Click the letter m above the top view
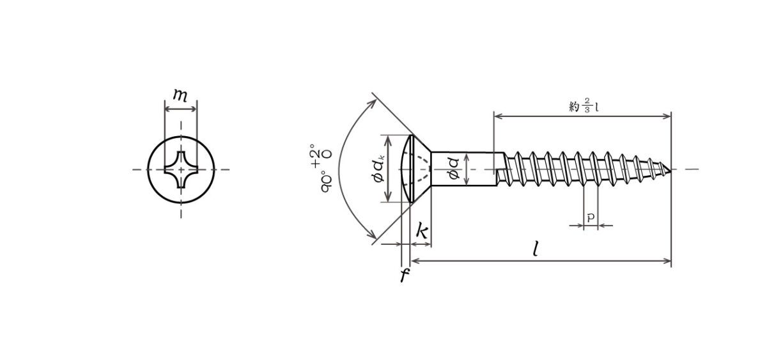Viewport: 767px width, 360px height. pyautogui.click(x=180, y=95)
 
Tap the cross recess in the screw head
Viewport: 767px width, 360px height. pyautogui.click(x=181, y=169)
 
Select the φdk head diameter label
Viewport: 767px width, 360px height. pyautogui.click(x=379, y=168)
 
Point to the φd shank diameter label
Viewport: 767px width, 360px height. pyautogui.click(x=454, y=169)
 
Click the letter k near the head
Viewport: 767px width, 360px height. pyautogui.click(x=422, y=231)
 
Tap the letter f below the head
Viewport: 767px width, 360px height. pyautogui.click(x=405, y=275)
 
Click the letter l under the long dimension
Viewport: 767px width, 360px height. pyautogui.click(x=536, y=249)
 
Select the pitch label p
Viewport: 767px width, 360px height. pyautogui.click(x=591, y=217)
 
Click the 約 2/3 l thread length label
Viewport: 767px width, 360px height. pyautogui.click(x=584, y=106)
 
